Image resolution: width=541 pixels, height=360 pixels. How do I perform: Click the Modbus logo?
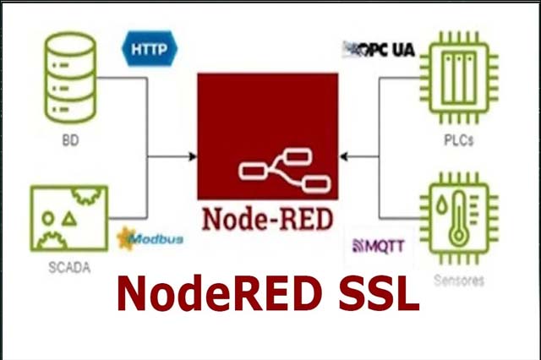click(x=150, y=240)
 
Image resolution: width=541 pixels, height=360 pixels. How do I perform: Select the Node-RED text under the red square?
click(x=267, y=217)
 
